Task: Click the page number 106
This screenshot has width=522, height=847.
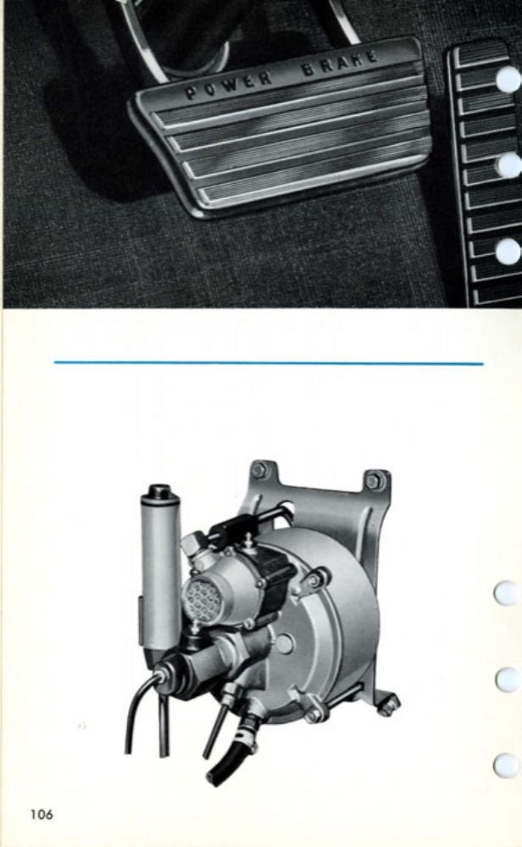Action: [40, 815]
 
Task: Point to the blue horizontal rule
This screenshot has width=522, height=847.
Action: [268, 363]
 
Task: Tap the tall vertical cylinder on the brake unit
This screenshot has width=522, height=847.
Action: [161, 576]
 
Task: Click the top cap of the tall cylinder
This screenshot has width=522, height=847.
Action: [160, 492]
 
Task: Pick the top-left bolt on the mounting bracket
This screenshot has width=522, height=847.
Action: [259, 470]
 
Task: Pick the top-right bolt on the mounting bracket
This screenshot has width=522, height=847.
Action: [373, 480]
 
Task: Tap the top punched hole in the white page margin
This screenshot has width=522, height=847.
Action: [506, 593]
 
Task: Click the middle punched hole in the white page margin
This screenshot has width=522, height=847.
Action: [507, 679]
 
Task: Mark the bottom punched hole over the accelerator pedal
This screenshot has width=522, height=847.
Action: [508, 251]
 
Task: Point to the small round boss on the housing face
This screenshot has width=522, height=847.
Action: [285, 644]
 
